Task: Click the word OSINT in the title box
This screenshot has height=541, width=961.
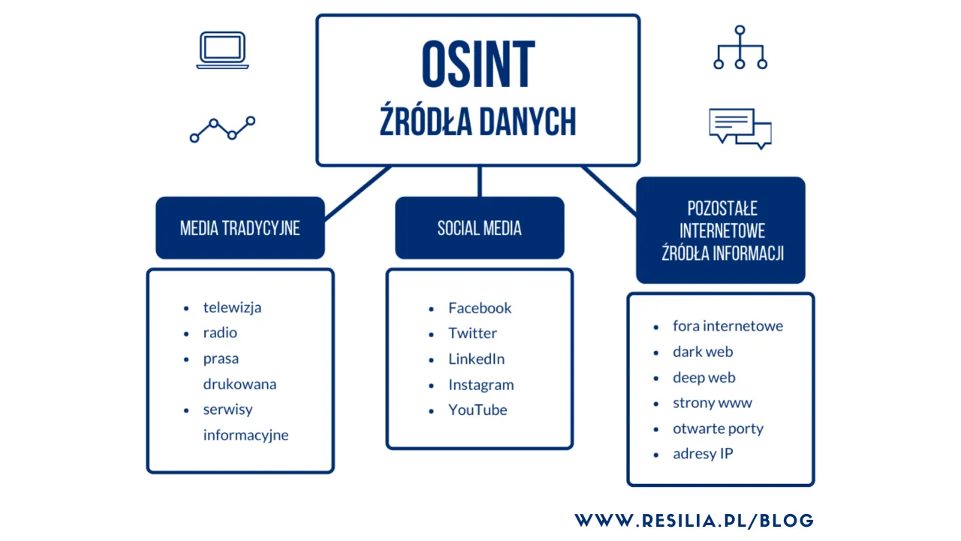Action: pos(478,65)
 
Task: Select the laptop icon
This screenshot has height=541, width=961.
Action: pos(222,50)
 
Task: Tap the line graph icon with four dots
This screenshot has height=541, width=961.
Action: pos(222,129)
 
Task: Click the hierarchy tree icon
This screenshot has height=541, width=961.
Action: pos(740,48)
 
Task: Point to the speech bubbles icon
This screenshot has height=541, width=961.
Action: pos(740,128)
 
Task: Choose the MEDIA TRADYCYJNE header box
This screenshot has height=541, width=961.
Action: pos(239,228)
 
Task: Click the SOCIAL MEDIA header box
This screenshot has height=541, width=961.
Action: pos(479,228)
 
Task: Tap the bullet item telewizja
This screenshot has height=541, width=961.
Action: pos(232,307)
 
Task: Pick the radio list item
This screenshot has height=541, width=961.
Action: pos(220,333)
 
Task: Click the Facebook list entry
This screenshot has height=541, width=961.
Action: pos(480,308)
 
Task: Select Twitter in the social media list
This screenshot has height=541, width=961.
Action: pos(472,334)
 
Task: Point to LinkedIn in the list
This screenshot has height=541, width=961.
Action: pos(476,359)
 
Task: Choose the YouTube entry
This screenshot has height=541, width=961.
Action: pos(477,410)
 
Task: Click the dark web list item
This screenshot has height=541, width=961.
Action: pos(703,352)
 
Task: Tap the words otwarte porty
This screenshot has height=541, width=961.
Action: pos(718,428)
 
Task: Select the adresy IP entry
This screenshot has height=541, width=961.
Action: pos(703,454)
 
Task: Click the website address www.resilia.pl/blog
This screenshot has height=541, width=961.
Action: pos(694,520)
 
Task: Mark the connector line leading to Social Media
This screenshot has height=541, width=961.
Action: pos(479,182)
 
